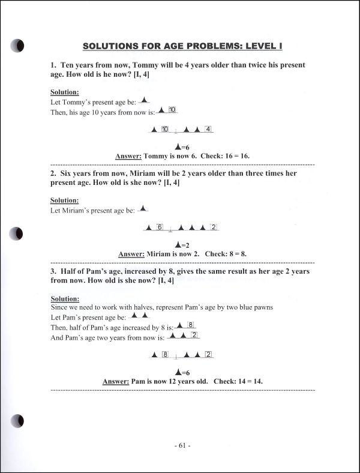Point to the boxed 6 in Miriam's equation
[x=160, y=227]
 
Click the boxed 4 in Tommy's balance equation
[x=208, y=129]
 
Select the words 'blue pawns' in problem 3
[x=257, y=307]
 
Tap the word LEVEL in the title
[x=248, y=46]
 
